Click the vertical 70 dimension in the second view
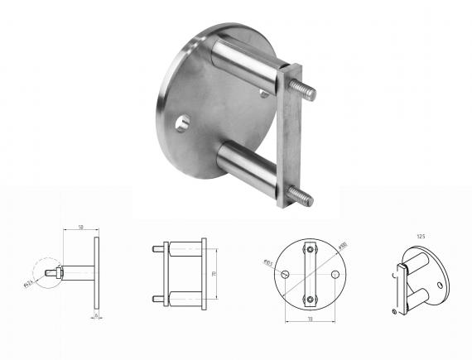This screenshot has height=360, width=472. (214, 273)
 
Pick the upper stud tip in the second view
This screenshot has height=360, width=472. (157, 248)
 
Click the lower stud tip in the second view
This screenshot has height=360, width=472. (157, 298)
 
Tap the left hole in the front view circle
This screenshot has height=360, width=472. (284, 274)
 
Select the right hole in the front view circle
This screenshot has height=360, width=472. (335, 274)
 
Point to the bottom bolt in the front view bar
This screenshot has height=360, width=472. (310, 299)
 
